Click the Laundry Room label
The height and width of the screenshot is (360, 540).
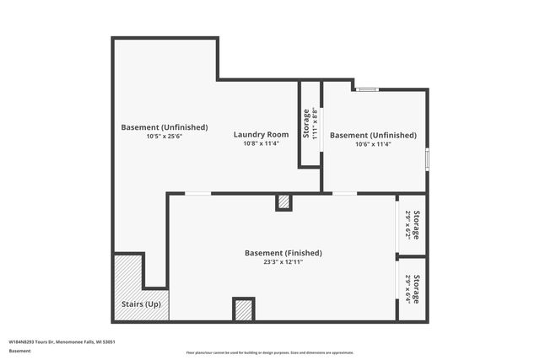click(x=261, y=135)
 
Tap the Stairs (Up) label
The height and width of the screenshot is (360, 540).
click(x=141, y=304)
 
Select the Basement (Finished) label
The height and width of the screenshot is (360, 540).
click(x=283, y=253)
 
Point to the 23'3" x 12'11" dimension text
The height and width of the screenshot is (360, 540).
click(x=283, y=262)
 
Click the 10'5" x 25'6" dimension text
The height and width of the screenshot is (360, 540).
click(x=164, y=136)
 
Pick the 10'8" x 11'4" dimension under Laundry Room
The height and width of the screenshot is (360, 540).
click(x=261, y=143)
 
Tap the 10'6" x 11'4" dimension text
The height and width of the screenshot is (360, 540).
click(x=372, y=143)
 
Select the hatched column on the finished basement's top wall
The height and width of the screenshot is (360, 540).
click(x=283, y=201)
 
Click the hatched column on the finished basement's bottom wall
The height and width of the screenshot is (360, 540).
click(x=244, y=309)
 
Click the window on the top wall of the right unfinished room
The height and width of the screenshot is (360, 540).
click(x=367, y=89)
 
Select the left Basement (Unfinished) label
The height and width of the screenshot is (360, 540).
click(x=164, y=127)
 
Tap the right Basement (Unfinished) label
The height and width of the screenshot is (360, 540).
click(x=372, y=135)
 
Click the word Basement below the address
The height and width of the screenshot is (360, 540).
click(x=19, y=350)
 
